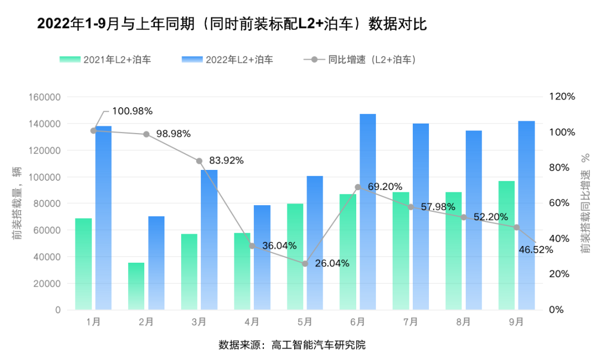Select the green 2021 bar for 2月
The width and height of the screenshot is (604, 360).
(136, 286)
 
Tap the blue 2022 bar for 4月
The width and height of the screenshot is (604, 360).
(262, 257)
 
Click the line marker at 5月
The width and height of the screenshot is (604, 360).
(305, 263)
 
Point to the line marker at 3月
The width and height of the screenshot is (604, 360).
(199, 161)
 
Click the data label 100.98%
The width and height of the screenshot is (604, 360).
(132, 111)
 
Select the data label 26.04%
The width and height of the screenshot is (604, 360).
(332, 263)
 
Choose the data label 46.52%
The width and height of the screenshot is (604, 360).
(535, 249)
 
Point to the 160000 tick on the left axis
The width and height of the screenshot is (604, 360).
(44, 97)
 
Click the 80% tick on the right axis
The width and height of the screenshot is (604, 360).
(563, 168)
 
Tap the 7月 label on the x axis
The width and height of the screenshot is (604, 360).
(410, 322)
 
